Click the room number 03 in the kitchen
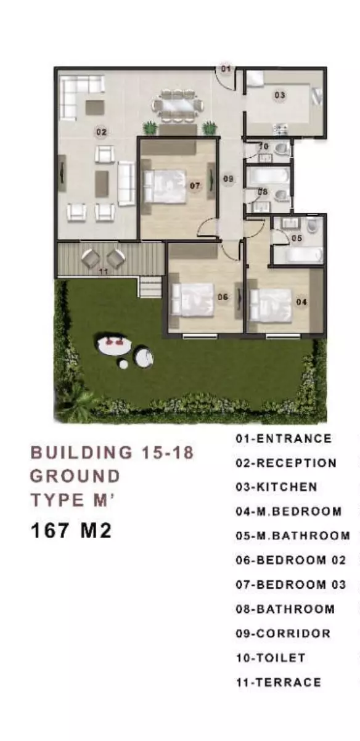(280, 96)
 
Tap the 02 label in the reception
(101, 133)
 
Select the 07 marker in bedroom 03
(195, 186)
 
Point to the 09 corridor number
(228, 179)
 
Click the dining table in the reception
(178, 107)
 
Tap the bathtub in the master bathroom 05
(297, 255)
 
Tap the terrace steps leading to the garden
(150, 287)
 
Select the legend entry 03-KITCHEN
(277, 487)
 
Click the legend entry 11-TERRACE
(279, 682)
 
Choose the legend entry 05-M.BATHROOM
(293, 536)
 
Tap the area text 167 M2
(71, 531)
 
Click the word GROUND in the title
(75, 476)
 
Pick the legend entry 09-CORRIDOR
(283, 633)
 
